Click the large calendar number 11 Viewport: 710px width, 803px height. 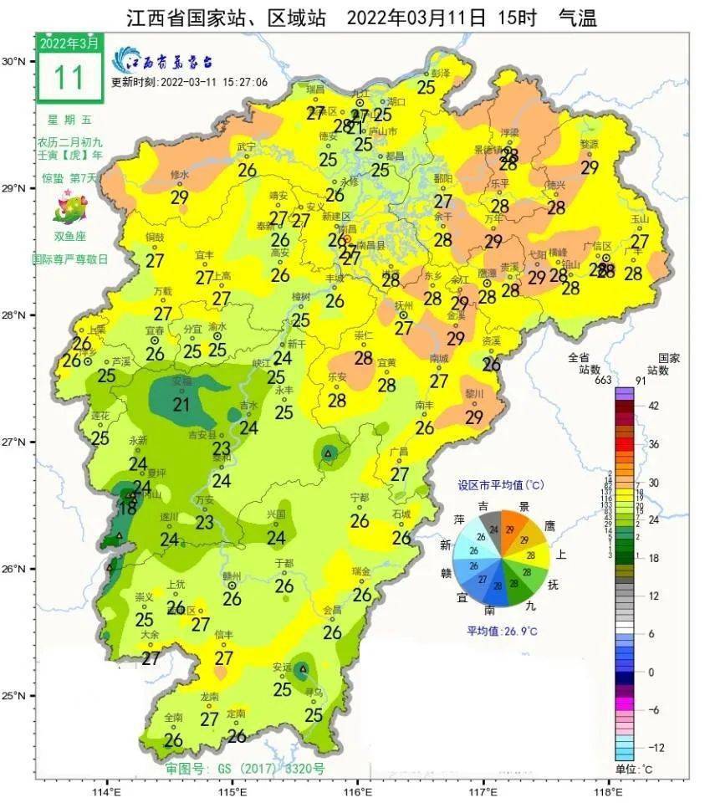tap(69, 77)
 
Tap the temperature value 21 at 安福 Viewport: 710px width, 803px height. tap(181, 404)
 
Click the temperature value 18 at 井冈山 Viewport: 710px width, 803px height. tap(128, 507)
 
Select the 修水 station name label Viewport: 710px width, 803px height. tap(180, 176)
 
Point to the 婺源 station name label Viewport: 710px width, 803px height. tap(590, 144)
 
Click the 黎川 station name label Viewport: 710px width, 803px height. tap(474, 393)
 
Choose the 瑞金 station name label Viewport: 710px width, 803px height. tap(361, 571)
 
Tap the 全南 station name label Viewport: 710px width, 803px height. tap(173, 717)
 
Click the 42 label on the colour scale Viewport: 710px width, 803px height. tap(653, 407)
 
